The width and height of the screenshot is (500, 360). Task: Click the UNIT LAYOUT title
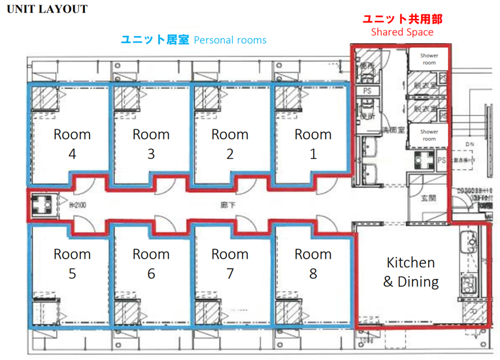(x=47, y=9)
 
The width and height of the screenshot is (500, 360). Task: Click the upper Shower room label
(x=429, y=59)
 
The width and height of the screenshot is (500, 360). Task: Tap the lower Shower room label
(x=429, y=135)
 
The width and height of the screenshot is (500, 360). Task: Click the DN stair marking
(x=469, y=144)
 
